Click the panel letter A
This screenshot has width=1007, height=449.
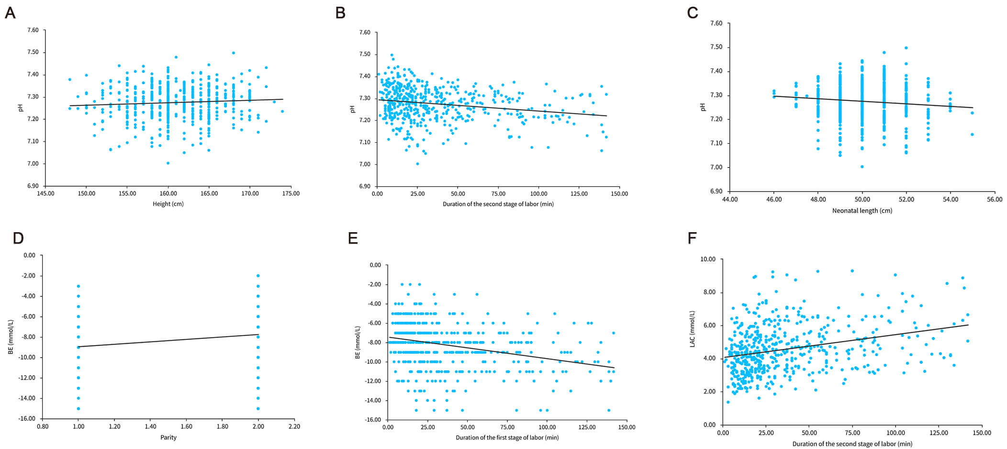(x=10, y=13)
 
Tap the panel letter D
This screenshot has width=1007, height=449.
(x=18, y=238)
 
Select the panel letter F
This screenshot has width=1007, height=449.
(x=692, y=238)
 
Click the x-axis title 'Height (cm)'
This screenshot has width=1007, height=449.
(x=168, y=204)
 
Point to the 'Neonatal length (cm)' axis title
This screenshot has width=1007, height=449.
(x=862, y=211)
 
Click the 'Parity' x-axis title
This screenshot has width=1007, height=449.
(x=168, y=437)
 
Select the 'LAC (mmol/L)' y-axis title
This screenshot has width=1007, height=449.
(x=692, y=328)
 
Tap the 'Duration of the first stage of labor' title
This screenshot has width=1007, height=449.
(x=507, y=438)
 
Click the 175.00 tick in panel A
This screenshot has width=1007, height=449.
(x=291, y=194)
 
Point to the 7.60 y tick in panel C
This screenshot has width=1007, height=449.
(x=716, y=23)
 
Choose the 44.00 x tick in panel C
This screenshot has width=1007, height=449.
(x=730, y=200)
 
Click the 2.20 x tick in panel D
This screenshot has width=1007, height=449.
(x=294, y=427)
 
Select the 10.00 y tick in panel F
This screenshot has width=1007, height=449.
(x=708, y=259)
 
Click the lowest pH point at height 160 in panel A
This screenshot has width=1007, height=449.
(x=168, y=163)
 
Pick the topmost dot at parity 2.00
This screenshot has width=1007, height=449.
(x=258, y=275)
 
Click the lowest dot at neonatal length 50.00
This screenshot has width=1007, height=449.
(x=862, y=167)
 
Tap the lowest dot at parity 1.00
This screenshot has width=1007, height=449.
(x=78, y=408)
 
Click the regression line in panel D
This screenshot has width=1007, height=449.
(x=168, y=340)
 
